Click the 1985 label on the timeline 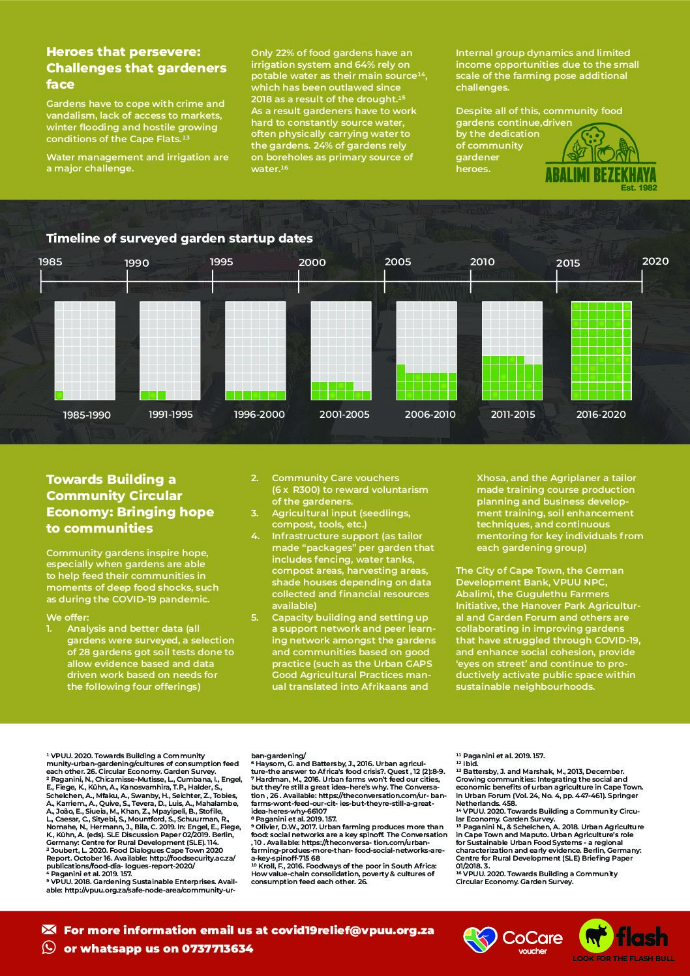[50, 262]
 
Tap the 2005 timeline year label [398, 262]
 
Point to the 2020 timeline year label [655, 261]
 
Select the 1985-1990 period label [87, 415]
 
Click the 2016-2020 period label [601, 415]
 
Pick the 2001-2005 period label [344, 415]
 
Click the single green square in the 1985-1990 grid [59, 395]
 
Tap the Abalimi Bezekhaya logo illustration [600, 143]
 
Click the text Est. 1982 [638, 188]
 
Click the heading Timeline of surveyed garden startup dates [179, 239]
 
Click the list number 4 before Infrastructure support [256, 536]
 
